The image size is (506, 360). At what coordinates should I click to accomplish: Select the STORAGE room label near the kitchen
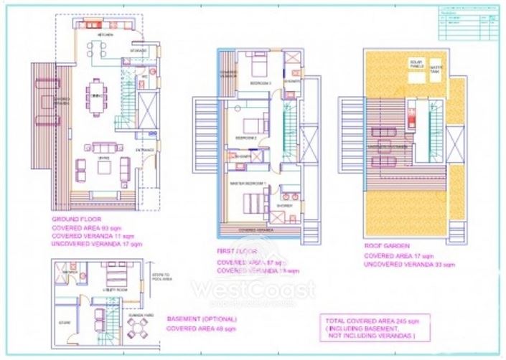(x=139, y=51)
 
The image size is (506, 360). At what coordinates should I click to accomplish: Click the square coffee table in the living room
(x=105, y=167)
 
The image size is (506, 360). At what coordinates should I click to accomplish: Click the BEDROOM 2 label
(x=246, y=137)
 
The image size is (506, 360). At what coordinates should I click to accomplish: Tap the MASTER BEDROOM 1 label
(x=250, y=184)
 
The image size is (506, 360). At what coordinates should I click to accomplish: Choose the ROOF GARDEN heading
(x=384, y=244)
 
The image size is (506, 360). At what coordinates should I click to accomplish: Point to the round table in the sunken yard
(x=136, y=326)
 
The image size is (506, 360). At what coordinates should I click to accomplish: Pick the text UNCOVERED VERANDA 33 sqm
(x=409, y=265)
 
